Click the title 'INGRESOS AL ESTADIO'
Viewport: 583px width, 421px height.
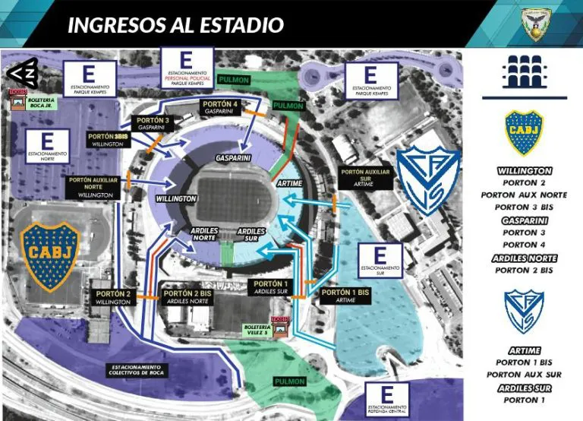click(x=175, y=25)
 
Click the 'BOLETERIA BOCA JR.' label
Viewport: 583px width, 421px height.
click(x=41, y=103)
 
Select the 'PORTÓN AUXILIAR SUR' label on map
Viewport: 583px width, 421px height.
click(x=364, y=177)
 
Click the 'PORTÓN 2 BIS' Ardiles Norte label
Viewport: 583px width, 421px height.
click(x=188, y=296)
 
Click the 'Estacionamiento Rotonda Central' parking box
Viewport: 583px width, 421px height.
click(x=387, y=400)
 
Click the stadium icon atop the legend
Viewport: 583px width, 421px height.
click(x=525, y=74)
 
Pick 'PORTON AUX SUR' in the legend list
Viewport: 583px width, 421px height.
click(x=525, y=374)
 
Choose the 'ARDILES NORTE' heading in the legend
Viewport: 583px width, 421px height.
click(x=525, y=258)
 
